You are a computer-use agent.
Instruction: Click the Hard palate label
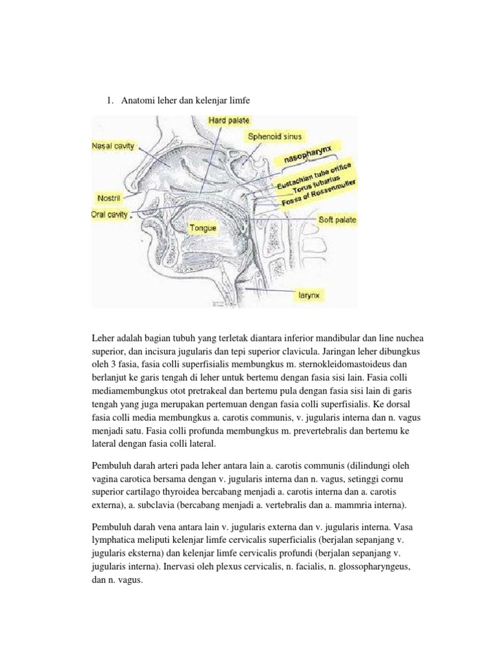pos(229,120)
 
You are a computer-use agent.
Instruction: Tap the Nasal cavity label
pos(114,147)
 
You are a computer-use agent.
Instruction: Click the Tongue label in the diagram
pos(203,228)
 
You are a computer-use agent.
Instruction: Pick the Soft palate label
pos(337,220)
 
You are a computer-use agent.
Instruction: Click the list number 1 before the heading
pos(109,100)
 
